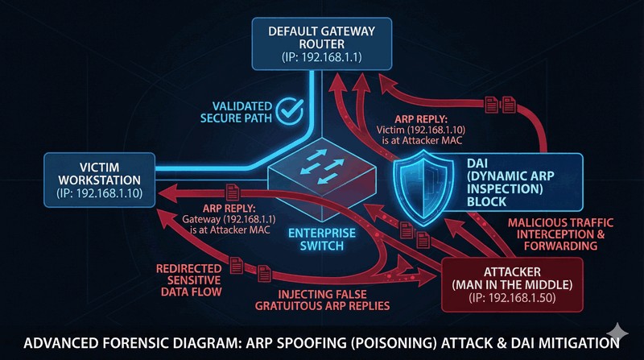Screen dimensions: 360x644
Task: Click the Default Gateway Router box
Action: point(321,43)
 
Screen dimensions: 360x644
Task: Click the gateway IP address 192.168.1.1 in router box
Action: point(321,59)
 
